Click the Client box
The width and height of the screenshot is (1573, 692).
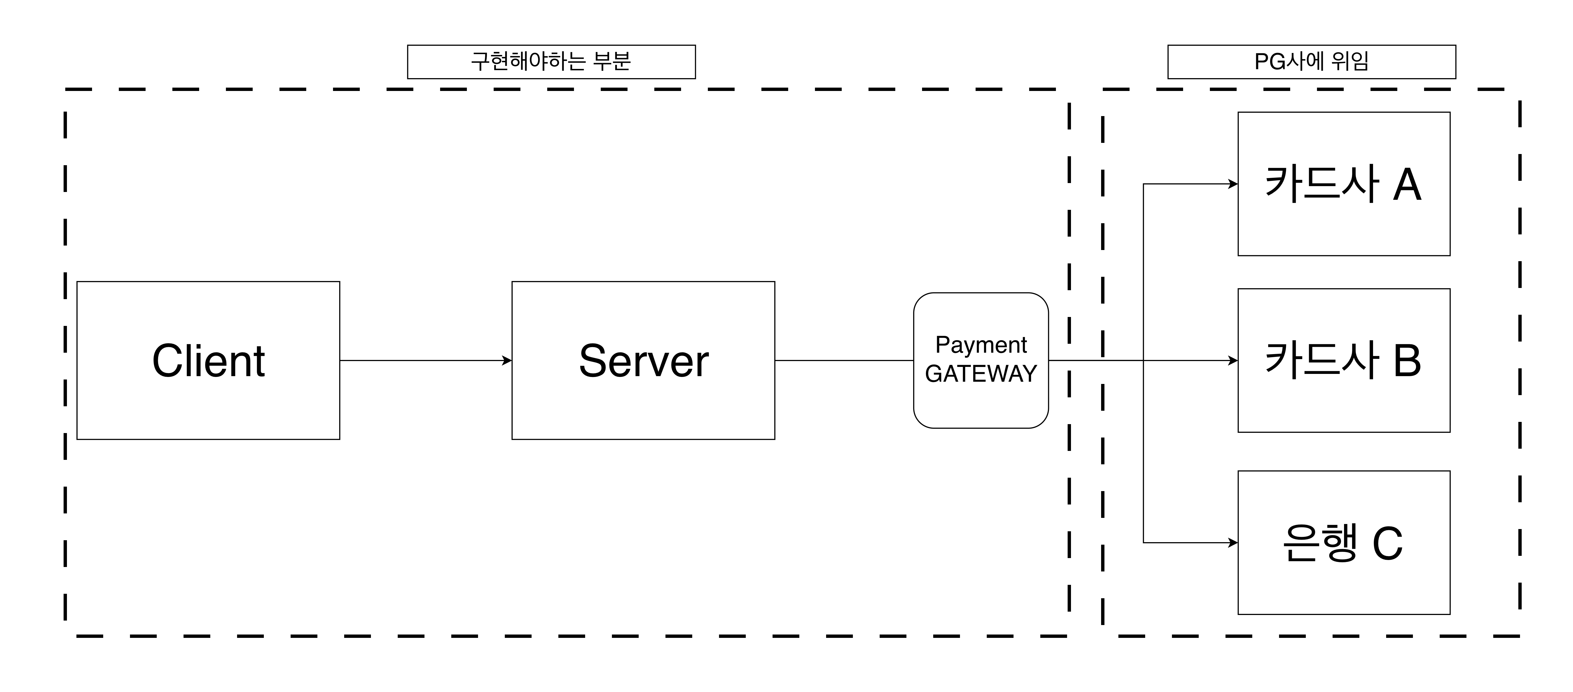click(x=208, y=360)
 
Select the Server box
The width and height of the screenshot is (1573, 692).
click(x=643, y=360)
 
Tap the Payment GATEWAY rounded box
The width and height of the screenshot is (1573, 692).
click(x=981, y=360)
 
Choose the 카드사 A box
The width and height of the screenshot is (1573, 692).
click(x=1343, y=184)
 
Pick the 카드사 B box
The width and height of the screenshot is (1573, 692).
click(x=1343, y=360)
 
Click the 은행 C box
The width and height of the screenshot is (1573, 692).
click(x=1343, y=542)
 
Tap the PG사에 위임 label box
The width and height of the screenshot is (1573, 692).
click(x=1311, y=62)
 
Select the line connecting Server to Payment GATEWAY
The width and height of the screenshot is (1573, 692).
click(x=844, y=360)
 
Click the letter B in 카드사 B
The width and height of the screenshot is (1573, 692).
click(x=1407, y=360)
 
